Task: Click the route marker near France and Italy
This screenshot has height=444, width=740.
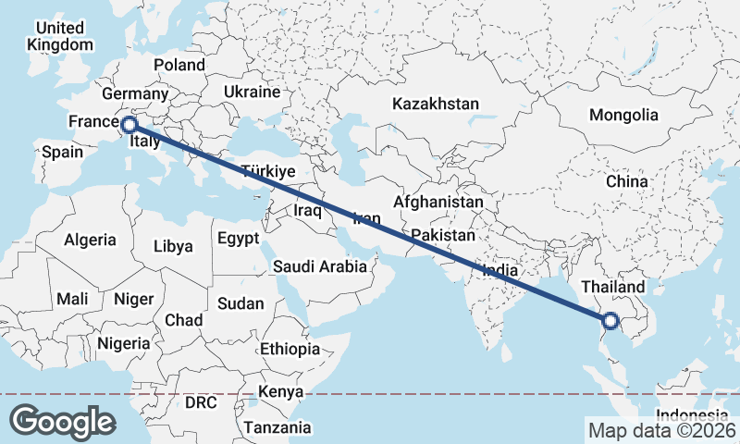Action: (x=129, y=124)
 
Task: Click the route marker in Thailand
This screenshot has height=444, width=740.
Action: (x=610, y=321)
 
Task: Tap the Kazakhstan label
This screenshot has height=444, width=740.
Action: (x=436, y=104)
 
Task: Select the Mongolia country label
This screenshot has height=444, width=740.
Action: (x=626, y=116)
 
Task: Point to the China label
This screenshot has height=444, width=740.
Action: (x=627, y=181)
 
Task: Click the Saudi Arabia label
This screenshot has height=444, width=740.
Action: (x=320, y=266)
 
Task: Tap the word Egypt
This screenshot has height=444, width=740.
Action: (x=239, y=239)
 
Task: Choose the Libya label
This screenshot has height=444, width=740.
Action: (x=173, y=246)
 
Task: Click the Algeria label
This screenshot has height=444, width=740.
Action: (x=91, y=240)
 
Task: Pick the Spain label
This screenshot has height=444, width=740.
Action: (x=62, y=152)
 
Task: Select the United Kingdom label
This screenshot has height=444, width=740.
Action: (x=61, y=36)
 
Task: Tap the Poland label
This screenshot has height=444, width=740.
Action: (x=179, y=65)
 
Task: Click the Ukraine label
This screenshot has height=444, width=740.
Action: (x=252, y=92)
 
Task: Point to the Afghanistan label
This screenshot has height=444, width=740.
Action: (x=438, y=202)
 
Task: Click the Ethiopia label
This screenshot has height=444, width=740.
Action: (x=290, y=350)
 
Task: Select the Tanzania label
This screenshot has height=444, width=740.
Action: (x=277, y=427)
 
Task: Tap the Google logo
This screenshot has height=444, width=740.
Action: (x=62, y=422)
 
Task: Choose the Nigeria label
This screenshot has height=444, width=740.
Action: (x=123, y=343)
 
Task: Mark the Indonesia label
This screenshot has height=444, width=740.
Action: (x=692, y=414)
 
